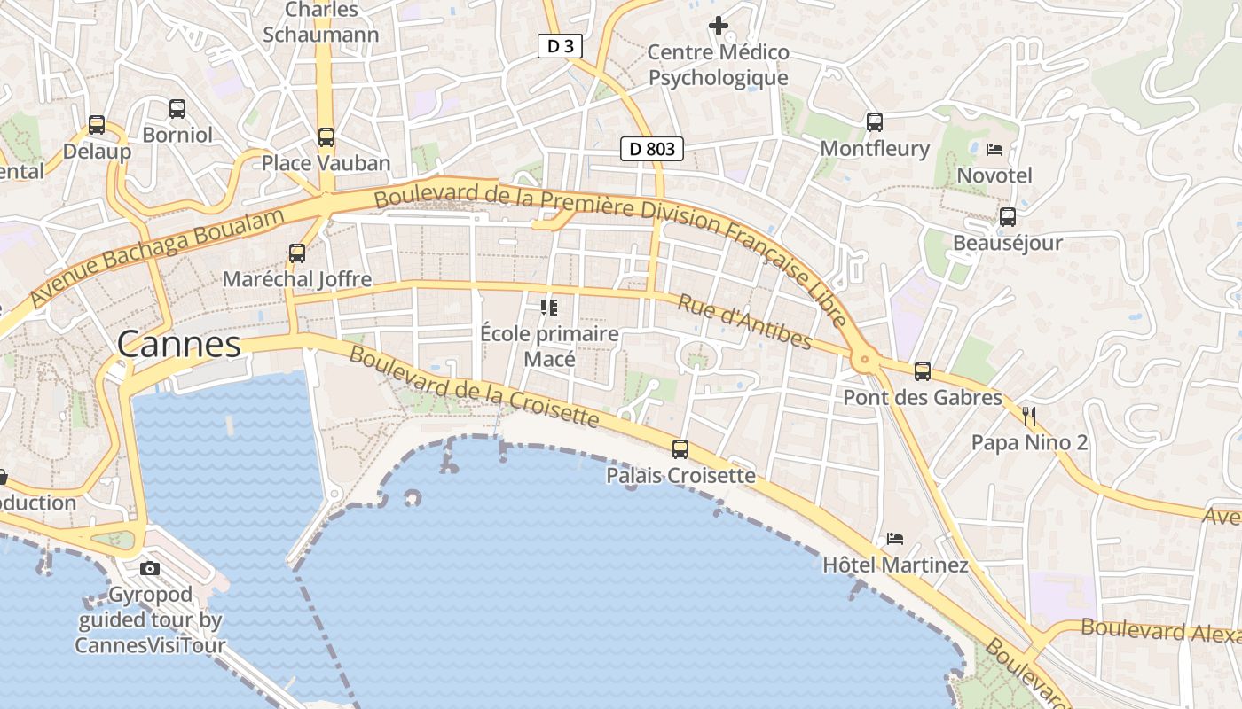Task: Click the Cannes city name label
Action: pyautogui.click(x=178, y=344)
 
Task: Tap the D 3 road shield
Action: pyautogui.click(x=560, y=46)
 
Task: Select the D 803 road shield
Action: pyautogui.click(x=651, y=149)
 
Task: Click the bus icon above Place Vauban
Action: pyautogui.click(x=326, y=137)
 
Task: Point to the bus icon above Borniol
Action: pyautogui.click(x=177, y=109)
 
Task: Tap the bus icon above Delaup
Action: pyautogui.click(x=97, y=125)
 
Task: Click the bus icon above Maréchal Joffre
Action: pyautogui.click(x=297, y=253)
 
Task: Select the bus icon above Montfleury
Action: pyautogui.click(x=875, y=122)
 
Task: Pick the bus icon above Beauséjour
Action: pyautogui.click(x=1007, y=217)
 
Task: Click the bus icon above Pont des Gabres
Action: pyautogui.click(x=923, y=371)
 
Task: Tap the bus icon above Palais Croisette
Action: pyautogui.click(x=680, y=449)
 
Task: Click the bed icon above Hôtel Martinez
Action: pyautogui.click(x=895, y=539)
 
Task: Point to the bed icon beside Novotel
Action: pyautogui.click(x=994, y=149)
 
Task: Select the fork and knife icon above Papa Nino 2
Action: pyautogui.click(x=1029, y=416)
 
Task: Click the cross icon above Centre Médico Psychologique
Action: pyautogui.click(x=719, y=26)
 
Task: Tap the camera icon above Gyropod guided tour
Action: pyautogui.click(x=150, y=568)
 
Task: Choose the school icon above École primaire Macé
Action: pyautogui.click(x=549, y=308)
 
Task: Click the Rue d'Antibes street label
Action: pyautogui.click(x=744, y=322)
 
